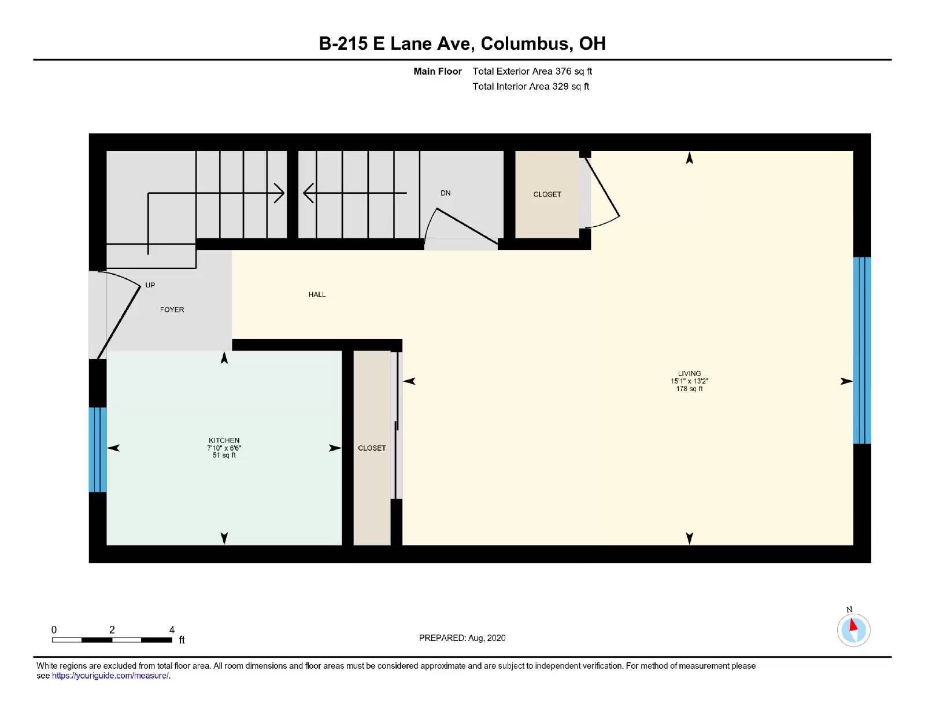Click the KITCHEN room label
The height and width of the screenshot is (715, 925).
pos(224,440)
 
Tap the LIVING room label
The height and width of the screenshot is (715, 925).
pos(689,374)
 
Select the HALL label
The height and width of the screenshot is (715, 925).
pos(317,294)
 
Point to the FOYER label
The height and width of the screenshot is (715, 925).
pos(172,310)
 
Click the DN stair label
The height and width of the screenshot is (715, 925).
pos(445,193)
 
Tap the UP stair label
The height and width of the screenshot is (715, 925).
pos(150,285)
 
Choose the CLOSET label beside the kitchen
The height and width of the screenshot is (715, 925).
pos(372,448)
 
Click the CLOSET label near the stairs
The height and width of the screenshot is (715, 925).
pos(547,194)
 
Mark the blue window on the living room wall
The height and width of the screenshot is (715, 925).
pos(861,351)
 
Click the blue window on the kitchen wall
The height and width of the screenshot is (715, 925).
pos(97,449)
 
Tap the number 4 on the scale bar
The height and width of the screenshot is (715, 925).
pos(172,630)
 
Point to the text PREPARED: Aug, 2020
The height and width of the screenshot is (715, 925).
pos(462,638)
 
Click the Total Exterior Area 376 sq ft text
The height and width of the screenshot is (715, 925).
pos(532,71)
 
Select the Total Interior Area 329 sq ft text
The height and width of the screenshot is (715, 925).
pos(531,86)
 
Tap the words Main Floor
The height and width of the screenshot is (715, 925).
pos(437,71)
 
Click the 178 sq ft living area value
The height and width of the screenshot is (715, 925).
pos(689,389)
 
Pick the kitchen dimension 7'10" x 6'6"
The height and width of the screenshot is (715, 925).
pos(224,448)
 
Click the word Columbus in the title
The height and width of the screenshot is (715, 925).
pos(527,43)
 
